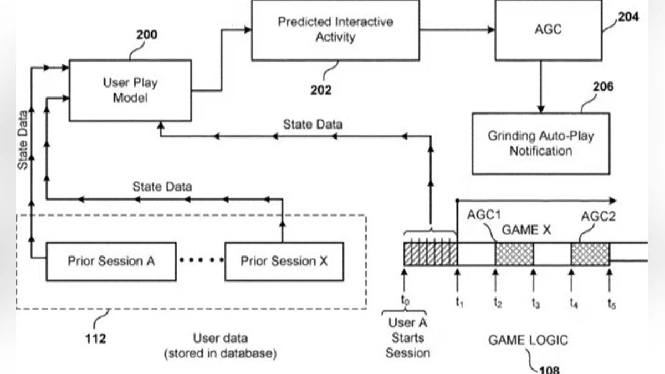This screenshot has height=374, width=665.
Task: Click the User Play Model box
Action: (x=130, y=90)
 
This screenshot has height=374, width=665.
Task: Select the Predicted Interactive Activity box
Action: (x=335, y=30)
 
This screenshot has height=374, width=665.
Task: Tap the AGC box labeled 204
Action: (x=548, y=30)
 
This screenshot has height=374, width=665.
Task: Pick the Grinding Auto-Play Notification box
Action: (x=540, y=144)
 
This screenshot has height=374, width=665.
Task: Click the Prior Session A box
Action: (x=111, y=261)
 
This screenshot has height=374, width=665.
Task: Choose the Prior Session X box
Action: (x=284, y=261)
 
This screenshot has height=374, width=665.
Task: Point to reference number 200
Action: (x=147, y=35)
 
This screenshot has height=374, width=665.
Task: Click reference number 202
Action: (x=321, y=90)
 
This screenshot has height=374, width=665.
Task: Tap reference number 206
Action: (x=603, y=87)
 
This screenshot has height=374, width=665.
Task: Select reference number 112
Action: (x=96, y=337)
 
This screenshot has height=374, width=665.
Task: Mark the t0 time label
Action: (x=405, y=301)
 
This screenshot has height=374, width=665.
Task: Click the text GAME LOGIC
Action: (x=528, y=340)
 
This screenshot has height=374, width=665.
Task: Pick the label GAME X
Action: (x=526, y=229)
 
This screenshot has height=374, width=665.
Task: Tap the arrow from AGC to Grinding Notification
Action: (x=541, y=86)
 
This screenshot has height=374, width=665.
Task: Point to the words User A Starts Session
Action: (x=408, y=337)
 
